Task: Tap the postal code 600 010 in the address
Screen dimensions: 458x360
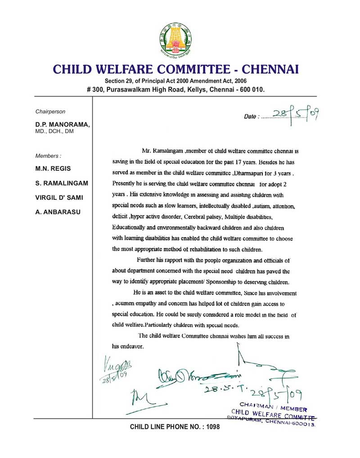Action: click(252, 89)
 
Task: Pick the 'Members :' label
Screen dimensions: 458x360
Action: click(48, 156)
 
